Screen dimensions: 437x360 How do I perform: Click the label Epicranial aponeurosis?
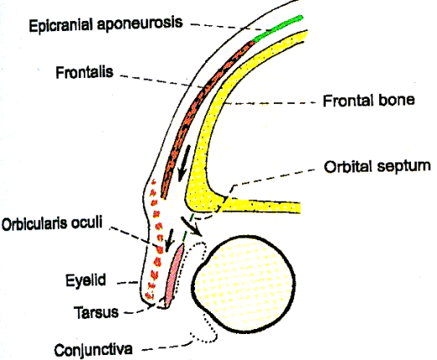pyautogui.click(x=105, y=24)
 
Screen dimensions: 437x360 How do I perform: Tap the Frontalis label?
pyautogui.click(x=85, y=72)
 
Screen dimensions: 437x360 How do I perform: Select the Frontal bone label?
pyautogui.click(x=368, y=100)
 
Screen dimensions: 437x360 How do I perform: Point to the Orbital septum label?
pyautogui.click(x=378, y=167)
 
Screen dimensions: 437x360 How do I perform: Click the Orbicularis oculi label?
pyautogui.click(x=52, y=224)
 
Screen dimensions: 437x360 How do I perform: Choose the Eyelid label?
pyautogui.click(x=85, y=280)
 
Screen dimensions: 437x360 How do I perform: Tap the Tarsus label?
pyautogui.click(x=96, y=312)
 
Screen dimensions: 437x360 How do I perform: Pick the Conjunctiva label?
pyautogui.click(x=93, y=350)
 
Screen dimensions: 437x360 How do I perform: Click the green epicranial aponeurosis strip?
pyautogui.click(x=278, y=28)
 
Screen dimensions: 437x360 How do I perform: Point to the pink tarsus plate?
pyautogui.click(x=174, y=275)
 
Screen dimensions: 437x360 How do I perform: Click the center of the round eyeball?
pyautogui.click(x=244, y=284)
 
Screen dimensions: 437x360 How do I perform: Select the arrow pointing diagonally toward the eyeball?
pyautogui.click(x=191, y=226)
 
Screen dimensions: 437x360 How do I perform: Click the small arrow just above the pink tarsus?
pyautogui.click(x=169, y=240)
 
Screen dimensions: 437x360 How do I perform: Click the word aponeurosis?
pyautogui.click(x=140, y=24)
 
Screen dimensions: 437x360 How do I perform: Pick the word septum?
pyautogui.click(x=404, y=167)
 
